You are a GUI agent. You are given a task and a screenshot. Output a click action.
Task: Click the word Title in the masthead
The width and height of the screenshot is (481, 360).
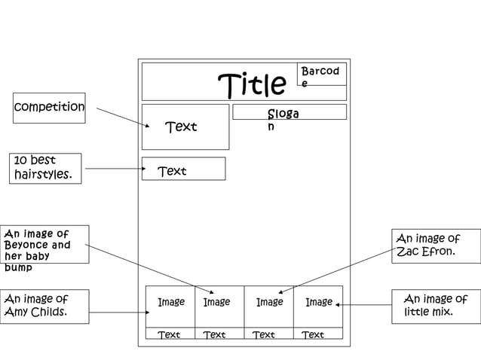tap(252, 86)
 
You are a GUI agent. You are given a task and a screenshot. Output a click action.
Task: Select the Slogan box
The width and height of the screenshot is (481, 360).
tap(289, 112)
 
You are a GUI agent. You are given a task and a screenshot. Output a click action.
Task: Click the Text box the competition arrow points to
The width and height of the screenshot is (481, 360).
tap(185, 127)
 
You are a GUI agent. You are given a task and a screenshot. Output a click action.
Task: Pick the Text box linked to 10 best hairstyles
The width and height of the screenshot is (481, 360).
tap(183, 169)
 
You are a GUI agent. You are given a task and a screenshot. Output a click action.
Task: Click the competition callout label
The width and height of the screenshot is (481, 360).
tap(49, 107)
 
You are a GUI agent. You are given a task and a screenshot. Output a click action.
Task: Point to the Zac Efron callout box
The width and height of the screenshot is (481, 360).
tap(435, 246)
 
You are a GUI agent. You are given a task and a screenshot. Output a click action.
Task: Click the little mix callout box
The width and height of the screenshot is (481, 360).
tap(435, 306)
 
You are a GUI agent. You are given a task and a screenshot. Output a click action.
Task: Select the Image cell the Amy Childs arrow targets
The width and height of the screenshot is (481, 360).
tap(170, 303)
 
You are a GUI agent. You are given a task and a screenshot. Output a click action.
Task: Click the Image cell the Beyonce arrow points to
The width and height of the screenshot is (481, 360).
tap(216, 303)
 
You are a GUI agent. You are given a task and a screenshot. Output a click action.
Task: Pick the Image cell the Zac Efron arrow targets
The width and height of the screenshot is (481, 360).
tap(269, 303)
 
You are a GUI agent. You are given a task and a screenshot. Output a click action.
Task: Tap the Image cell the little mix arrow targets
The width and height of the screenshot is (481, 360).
tap(318, 303)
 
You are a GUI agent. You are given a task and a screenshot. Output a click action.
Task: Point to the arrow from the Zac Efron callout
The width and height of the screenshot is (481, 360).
tap(336, 269)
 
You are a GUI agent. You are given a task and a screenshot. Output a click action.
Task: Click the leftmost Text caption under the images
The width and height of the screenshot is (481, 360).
tap(169, 334)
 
